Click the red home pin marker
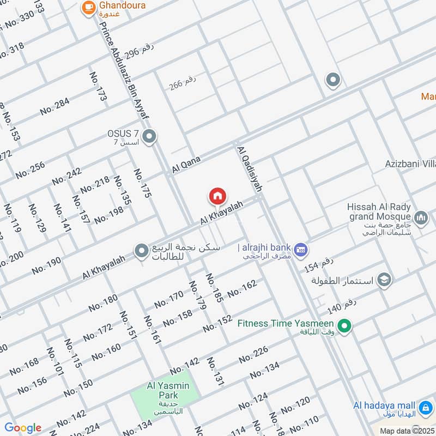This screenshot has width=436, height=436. coord(217,196)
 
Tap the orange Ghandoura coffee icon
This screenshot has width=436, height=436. coord(88,8)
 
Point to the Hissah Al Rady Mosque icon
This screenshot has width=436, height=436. coord(420,219)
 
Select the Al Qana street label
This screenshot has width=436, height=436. coord(186,165)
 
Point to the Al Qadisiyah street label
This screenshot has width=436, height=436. coord(250,168)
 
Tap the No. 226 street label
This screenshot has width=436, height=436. coord(253,355)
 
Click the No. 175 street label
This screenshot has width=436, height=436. coord(143,183)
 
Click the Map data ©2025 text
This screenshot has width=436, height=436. coord(407,431)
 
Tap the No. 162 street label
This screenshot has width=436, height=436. coord(241,289)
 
